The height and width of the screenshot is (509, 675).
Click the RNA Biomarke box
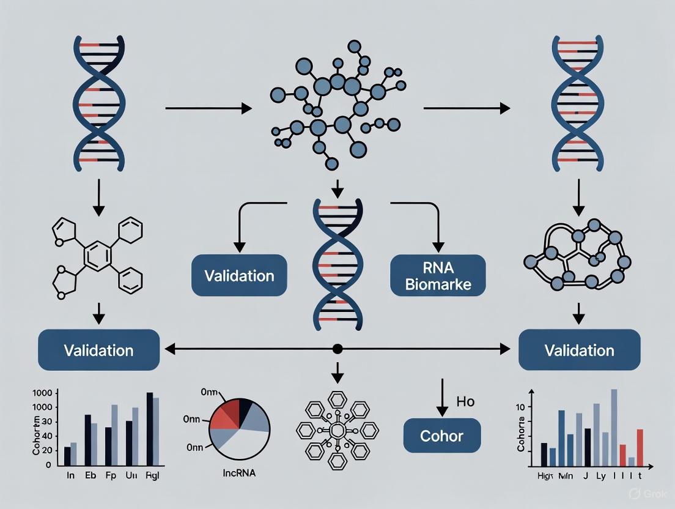point(438,275)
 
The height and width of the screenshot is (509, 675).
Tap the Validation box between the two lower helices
point(239,275)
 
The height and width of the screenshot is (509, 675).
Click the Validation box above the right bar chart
point(579,351)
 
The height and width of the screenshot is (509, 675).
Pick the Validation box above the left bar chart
point(98,351)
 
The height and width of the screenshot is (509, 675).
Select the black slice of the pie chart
point(245,409)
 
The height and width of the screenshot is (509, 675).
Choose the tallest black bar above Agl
point(150,428)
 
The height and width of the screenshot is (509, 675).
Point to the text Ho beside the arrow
point(465,401)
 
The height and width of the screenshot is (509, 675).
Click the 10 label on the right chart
point(521,407)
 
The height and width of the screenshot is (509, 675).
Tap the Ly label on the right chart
point(602,475)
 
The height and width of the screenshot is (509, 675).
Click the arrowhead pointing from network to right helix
point(504,108)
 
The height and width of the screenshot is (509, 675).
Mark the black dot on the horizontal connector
point(337,349)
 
